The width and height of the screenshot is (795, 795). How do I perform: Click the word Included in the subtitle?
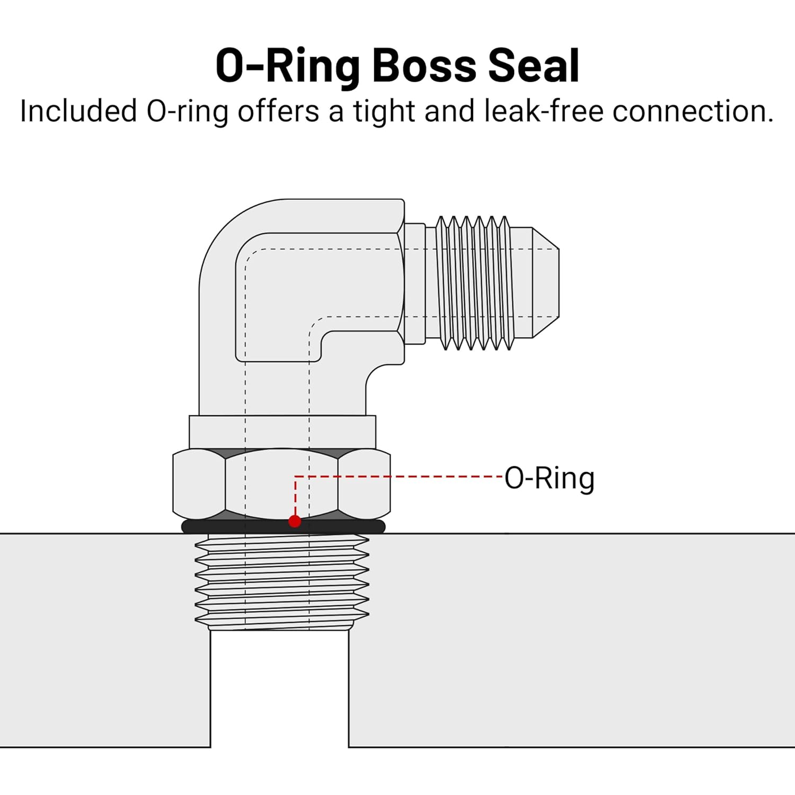tap(78, 112)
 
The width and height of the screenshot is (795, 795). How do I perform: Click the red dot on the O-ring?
tap(295, 522)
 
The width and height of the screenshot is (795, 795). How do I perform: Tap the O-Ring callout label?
tap(549, 478)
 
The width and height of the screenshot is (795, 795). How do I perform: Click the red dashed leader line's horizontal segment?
tap(397, 476)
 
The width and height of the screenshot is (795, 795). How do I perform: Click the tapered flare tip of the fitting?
tap(546, 282)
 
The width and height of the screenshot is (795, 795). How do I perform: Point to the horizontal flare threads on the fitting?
tap(474, 282)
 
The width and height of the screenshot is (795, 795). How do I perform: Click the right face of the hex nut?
tap(364, 483)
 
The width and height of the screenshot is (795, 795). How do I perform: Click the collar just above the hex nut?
tap(282, 432)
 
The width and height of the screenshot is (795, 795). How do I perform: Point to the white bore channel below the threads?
tap(279, 689)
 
